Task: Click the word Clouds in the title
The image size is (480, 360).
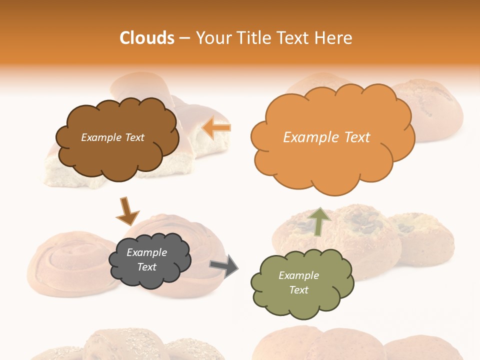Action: coord(147,38)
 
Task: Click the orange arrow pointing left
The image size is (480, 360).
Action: coord(217,128)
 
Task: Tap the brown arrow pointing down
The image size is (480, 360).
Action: coord(126,211)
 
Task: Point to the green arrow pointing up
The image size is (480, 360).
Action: coord(319,221)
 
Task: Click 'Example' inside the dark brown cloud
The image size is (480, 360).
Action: coord(101,137)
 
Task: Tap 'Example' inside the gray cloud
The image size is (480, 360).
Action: coord(146,252)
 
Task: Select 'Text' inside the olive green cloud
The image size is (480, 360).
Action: coord(298,290)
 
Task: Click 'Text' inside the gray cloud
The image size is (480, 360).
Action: coord(146,267)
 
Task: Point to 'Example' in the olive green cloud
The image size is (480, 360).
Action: coord(298,275)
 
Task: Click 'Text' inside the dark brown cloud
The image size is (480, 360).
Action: coord(133,137)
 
